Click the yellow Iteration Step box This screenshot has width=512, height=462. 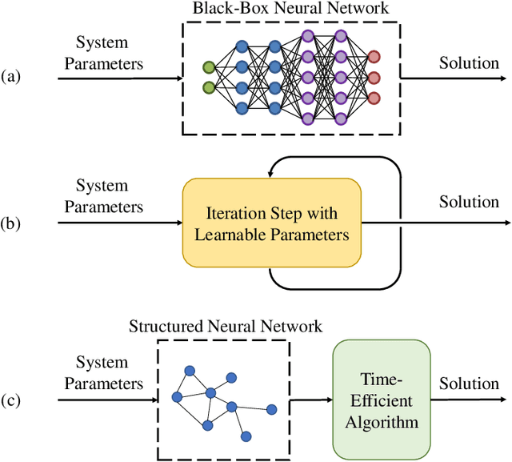(271, 223)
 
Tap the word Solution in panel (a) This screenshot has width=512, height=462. (469, 62)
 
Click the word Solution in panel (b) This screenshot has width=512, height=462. (469, 201)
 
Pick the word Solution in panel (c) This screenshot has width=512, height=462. (469, 384)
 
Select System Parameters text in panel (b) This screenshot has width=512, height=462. (103, 196)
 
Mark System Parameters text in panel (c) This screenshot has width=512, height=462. (103, 374)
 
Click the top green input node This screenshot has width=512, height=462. (209, 66)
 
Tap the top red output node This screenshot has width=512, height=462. (374, 57)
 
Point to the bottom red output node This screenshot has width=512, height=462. (374, 98)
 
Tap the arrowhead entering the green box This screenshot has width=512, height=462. (328, 398)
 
